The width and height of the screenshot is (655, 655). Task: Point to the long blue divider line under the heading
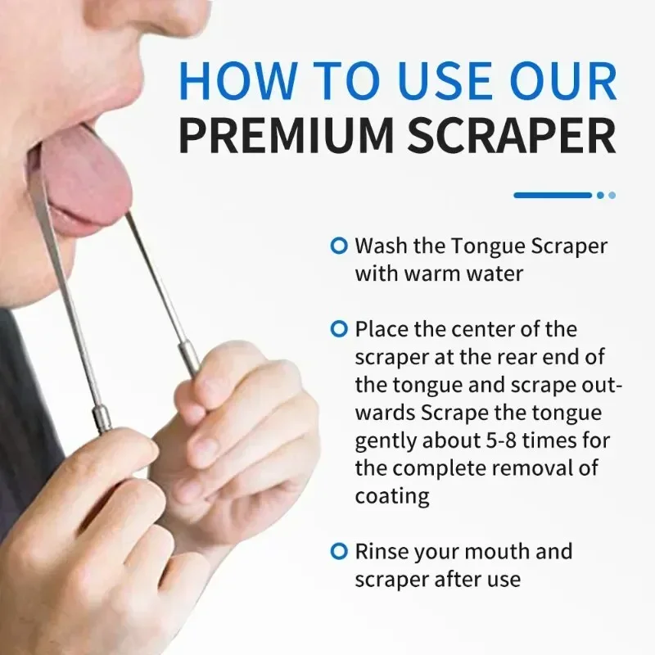(x=552, y=195)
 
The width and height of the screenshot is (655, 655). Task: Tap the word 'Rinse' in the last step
(x=383, y=551)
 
